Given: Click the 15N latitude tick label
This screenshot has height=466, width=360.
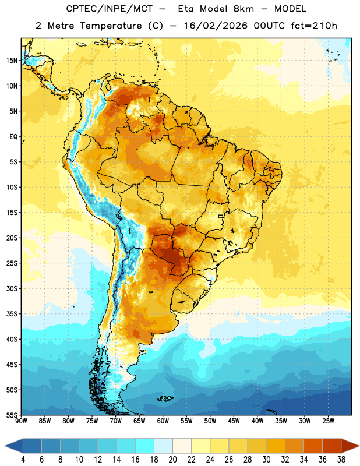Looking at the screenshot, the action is coord(12,61).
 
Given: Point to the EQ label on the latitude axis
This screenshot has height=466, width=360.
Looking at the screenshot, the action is coord(13,137).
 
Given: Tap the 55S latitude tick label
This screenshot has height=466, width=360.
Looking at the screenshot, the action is coord(12,415).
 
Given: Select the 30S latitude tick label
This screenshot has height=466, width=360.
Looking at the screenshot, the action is coord(12,288).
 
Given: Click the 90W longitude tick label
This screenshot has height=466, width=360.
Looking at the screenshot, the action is coord(21,421).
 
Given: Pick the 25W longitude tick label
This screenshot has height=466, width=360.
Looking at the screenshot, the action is coord(328,421).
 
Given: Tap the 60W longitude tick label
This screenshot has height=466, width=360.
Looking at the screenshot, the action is coord(163,421).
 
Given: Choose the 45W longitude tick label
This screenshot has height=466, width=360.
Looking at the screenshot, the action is coord(234,421).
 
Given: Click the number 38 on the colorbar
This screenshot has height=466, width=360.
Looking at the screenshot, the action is coord(341,460).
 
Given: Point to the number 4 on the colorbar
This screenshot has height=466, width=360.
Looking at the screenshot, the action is coord(23,460).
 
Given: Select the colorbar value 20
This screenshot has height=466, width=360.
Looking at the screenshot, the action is coord(172,460).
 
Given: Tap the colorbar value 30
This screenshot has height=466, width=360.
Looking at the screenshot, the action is coord(266,460).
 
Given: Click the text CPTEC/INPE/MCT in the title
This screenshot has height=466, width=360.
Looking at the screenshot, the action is coord(109,9).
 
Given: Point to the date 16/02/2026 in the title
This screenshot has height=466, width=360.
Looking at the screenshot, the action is coord(216,26).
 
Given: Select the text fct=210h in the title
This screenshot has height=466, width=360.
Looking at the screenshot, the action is coord(314,26).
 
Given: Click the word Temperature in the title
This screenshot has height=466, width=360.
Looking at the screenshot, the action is coord(111,26).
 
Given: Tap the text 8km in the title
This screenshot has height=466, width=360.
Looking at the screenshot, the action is coord(243,9).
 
